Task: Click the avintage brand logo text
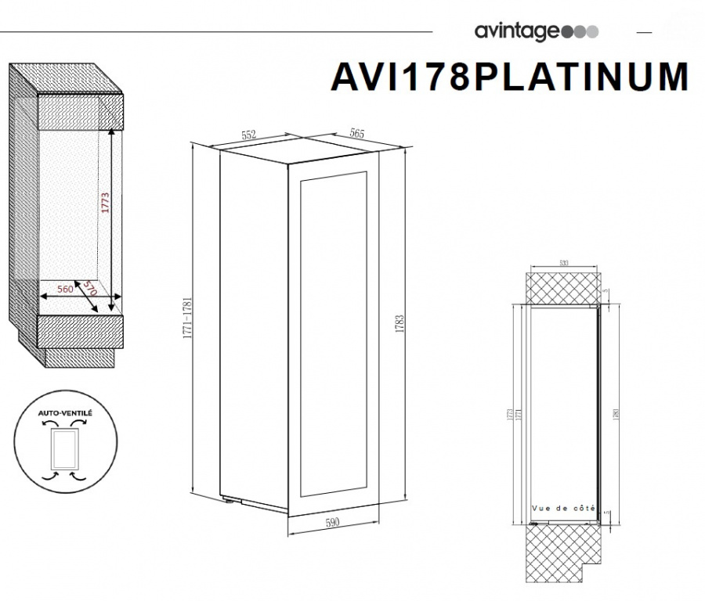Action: pyautogui.click(x=517, y=32)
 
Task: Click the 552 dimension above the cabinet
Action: pyautogui.click(x=248, y=135)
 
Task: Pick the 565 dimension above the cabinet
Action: pyautogui.click(x=356, y=134)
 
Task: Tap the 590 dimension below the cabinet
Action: pyautogui.click(x=333, y=524)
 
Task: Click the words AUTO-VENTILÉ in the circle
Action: pyautogui.click(x=65, y=410)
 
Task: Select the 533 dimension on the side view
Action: pyautogui.click(x=563, y=264)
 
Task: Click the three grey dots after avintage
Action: pyautogui.click(x=580, y=32)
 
